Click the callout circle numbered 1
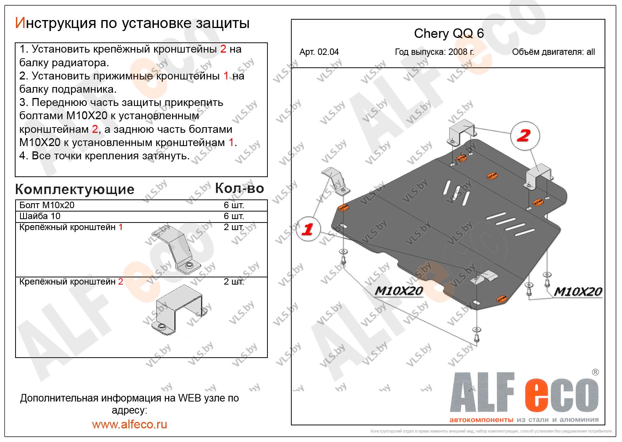308,229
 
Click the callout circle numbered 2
525,136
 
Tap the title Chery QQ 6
449,34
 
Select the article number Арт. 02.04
319,52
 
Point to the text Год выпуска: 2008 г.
434,52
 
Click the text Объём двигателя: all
553,52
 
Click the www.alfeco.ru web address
130,424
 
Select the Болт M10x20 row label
47,205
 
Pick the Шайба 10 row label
40,216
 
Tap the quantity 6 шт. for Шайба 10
234,216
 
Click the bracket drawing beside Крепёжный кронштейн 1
176,250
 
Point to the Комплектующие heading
75,190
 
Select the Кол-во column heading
239,188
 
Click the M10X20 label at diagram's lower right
578,291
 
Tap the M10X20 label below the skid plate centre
399,291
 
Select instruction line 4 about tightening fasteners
105,156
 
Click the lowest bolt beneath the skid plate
477,337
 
